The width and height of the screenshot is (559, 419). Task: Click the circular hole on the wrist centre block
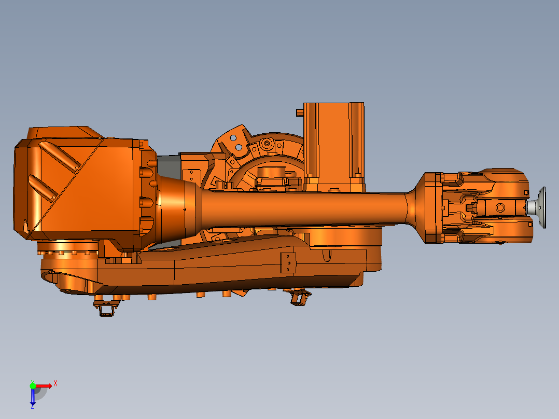click(500, 208)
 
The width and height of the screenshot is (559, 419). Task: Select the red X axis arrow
click(44, 386)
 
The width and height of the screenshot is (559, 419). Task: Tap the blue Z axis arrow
click(33, 396)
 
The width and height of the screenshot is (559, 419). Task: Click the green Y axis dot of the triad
click(33, 385)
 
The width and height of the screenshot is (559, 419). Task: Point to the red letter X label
click(55, 383)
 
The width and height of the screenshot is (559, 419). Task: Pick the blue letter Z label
click(32, 407)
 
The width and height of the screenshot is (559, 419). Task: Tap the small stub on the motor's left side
click(299, 111)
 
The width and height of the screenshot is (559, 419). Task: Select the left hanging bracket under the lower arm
click(106, 308)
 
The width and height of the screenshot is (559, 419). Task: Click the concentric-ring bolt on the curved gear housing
click(268, 143)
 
